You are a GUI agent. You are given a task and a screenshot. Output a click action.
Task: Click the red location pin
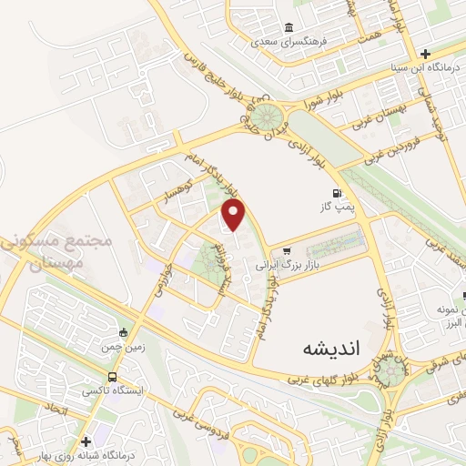tap(234, 216)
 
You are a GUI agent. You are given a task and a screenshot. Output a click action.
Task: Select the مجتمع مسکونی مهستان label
tap(56, 252)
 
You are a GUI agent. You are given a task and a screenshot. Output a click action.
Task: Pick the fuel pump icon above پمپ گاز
tap(338, 193)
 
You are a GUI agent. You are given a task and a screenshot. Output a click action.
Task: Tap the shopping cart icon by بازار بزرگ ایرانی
tap(288, 252)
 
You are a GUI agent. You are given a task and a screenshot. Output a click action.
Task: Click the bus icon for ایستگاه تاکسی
tap(112, 377)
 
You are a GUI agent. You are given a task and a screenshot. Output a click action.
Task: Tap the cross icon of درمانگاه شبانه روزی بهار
tap(86, 441)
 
